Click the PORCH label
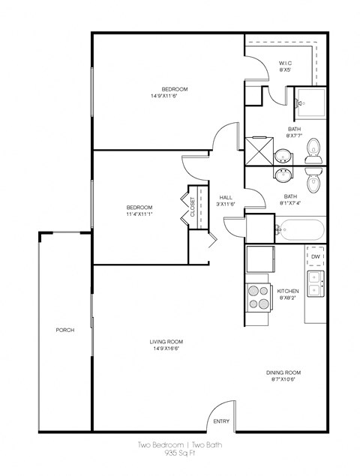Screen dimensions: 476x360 (x=64, y=330)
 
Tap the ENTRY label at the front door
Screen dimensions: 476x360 (x=220, y=421)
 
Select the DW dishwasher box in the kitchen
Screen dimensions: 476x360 (x=316, y=256)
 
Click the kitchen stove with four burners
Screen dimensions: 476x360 (x=259, y=297)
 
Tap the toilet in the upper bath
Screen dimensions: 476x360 (x=315, y=151)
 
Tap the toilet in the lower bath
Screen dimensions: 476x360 (x=313, y=181)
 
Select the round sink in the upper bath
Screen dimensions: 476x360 (x=283, y=156)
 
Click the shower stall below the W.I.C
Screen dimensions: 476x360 (x=308, y=98)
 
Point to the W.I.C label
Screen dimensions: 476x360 (x=285, y=62)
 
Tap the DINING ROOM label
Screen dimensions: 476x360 (x=283, y=373)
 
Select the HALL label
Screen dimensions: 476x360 (x=226, y=196)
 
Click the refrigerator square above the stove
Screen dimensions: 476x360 (x=259, y=260)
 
